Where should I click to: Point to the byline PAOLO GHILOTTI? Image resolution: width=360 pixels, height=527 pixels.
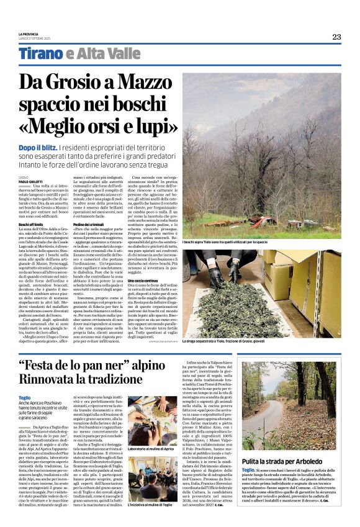pyautogui.click(x=29, y=181)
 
